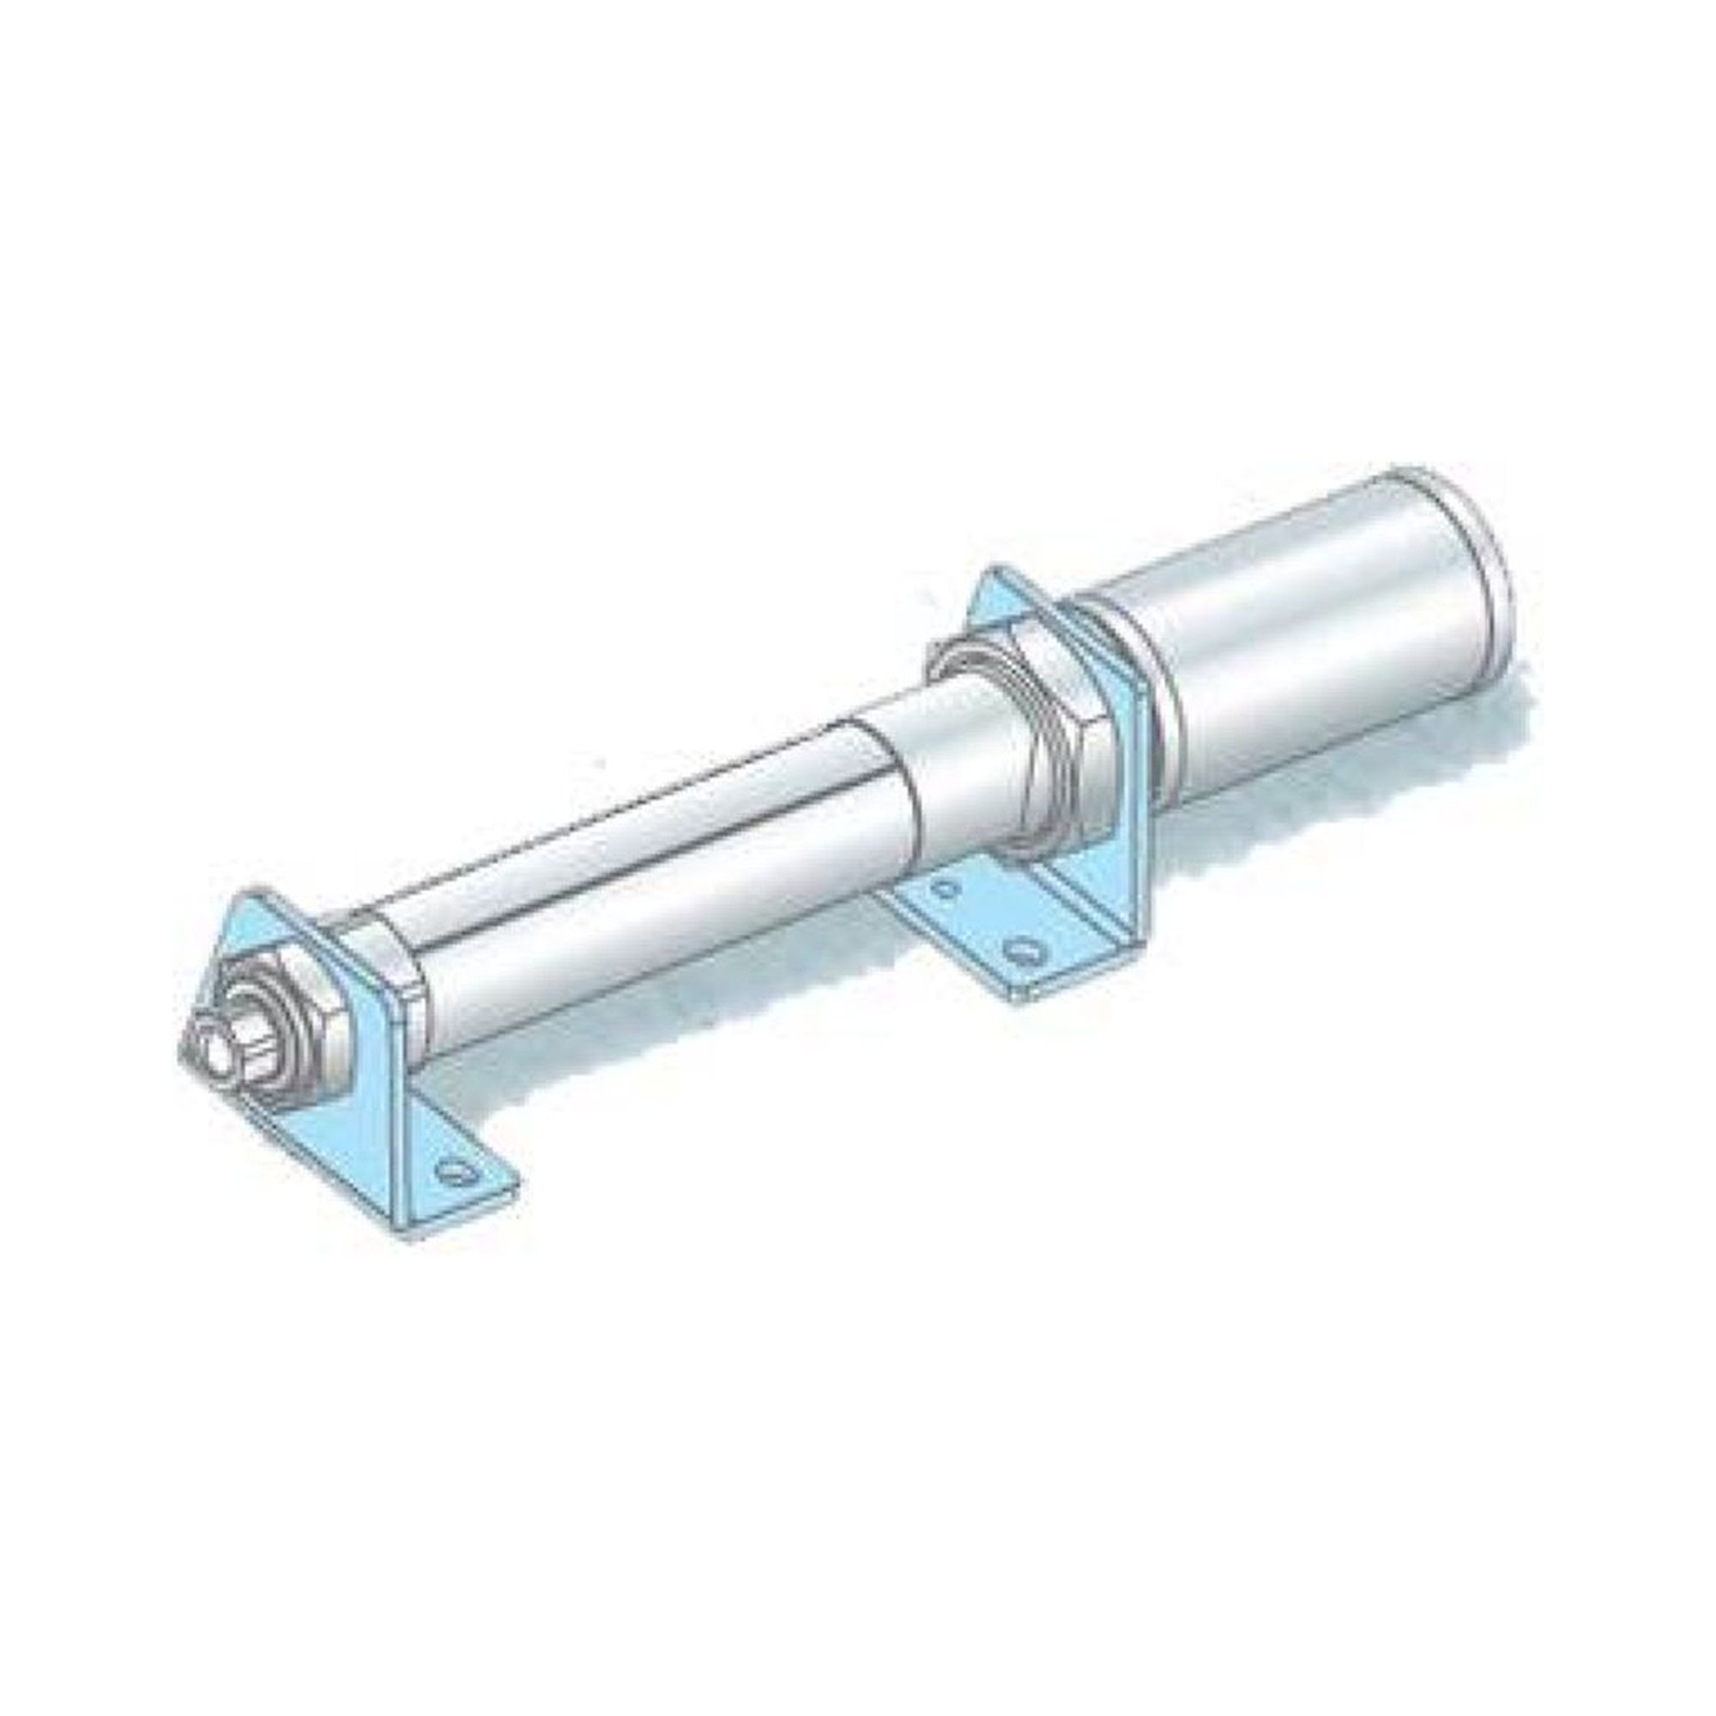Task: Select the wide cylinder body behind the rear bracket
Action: click(1306, 649)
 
